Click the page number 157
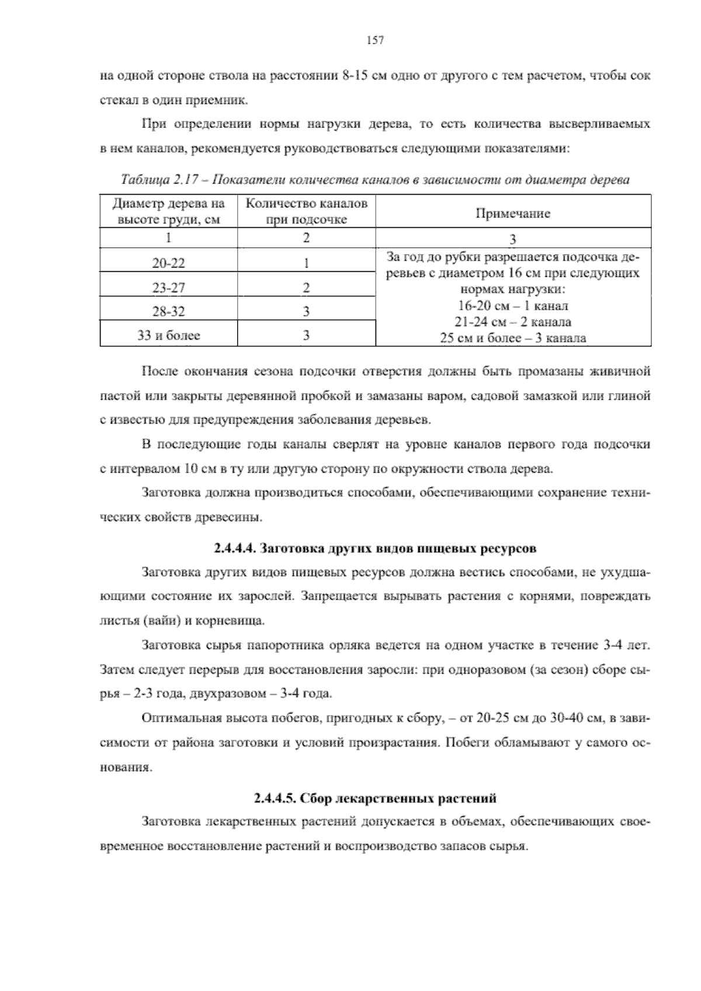(374, 40)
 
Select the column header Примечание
(513, 213)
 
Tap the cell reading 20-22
(168, 264)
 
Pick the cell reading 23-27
(168, 288)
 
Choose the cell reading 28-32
(168, 312)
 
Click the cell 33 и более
(168, 336)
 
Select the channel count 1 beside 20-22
(306, 264)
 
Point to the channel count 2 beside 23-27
(306, 288)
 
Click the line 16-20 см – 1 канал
(513, 306)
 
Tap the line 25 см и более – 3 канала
(513, 338)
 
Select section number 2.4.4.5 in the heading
(275, 798)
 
